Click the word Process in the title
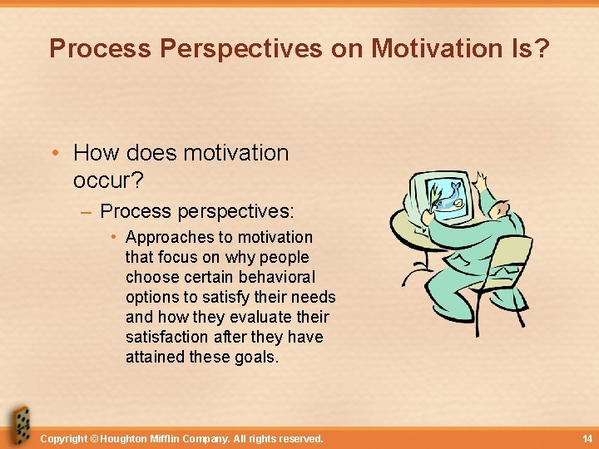click(100, 49)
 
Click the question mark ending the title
click(542, 49)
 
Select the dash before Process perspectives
click(87, 212)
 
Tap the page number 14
click(587, 438)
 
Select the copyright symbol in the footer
click(93, 438)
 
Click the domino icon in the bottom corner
click(18, 427)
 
